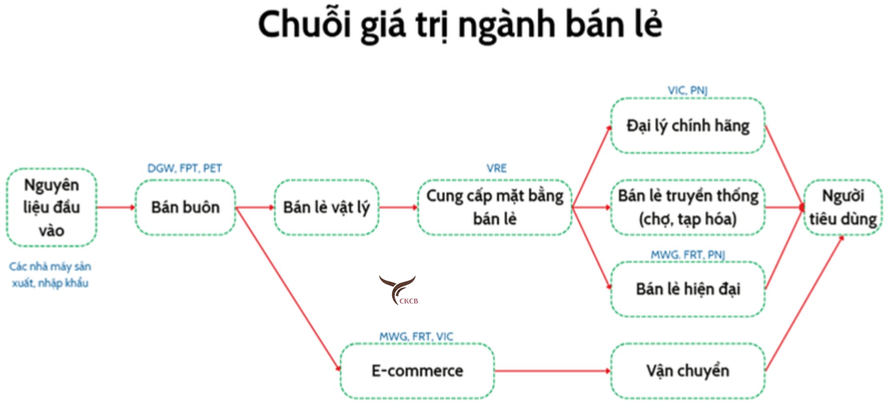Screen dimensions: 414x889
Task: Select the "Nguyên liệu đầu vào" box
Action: tap(51, 207)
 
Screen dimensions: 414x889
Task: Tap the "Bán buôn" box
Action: tap(185, 207)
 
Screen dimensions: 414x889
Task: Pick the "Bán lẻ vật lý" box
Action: tap(326, 207)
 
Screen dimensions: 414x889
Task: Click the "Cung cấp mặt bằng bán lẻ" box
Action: tap(495, 207)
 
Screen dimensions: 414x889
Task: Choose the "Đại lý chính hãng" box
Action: tap(688, 125)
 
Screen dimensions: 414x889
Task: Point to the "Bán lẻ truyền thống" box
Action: tap(688, 207)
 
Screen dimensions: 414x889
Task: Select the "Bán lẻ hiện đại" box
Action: tap(688, 289)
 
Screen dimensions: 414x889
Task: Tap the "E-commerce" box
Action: tap(417, 371)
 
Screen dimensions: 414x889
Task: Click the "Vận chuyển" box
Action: tap(688, 371)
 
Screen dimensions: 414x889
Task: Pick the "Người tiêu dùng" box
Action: tap(843, 207)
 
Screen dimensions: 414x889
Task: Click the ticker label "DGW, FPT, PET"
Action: tap(185, 168)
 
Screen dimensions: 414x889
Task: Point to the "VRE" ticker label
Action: tap(496, 168)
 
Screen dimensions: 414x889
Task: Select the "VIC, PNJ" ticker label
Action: tap(688, 90)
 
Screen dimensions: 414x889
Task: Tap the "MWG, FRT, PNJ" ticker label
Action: tap(688, 254)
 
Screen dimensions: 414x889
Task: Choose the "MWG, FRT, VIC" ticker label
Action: tap(416, 336)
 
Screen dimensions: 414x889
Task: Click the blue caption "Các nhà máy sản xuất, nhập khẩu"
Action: tap(50, 274)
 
